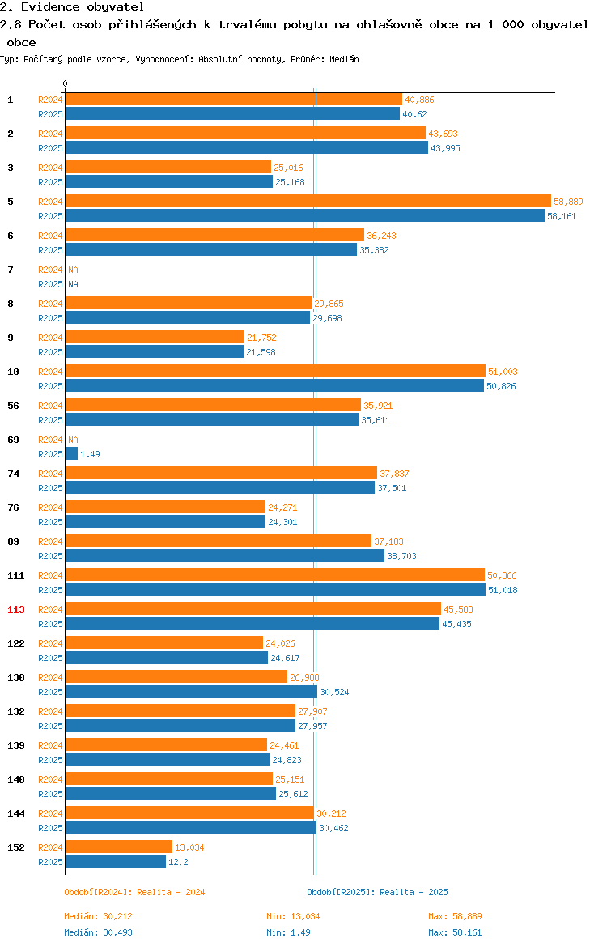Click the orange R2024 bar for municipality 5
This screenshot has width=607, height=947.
[x=308, y=201]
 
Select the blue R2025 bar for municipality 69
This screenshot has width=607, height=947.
[x=72, y=453]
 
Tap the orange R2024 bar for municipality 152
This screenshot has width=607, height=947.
[x=120, y=847]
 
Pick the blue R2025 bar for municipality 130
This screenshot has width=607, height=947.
[x=192, y=691]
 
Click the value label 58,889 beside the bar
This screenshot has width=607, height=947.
[x=568, y=202]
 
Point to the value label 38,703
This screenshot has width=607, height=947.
[x=401, y=556]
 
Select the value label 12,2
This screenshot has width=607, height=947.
[x=178, y=863]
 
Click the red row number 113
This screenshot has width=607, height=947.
[x=16, y=609]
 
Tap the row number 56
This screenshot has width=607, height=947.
[x=13, y=406]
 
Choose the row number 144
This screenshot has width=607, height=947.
[x=16, y=813]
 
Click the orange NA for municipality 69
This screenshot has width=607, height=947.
[x=73, y=440]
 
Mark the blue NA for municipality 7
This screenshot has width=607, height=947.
[x=73, y=284]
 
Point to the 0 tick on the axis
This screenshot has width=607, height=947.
[x=66, y=84]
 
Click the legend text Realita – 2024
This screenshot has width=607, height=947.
[x=171, y=892]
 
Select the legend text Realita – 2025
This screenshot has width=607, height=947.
[x=414, y=892]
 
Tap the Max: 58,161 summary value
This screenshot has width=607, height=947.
[x=455, y=932]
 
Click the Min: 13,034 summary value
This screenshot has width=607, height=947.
[x=294, y=917]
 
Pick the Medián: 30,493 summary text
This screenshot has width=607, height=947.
[x=99, y=932]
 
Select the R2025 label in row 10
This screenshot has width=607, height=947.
[x=50, y=387]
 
